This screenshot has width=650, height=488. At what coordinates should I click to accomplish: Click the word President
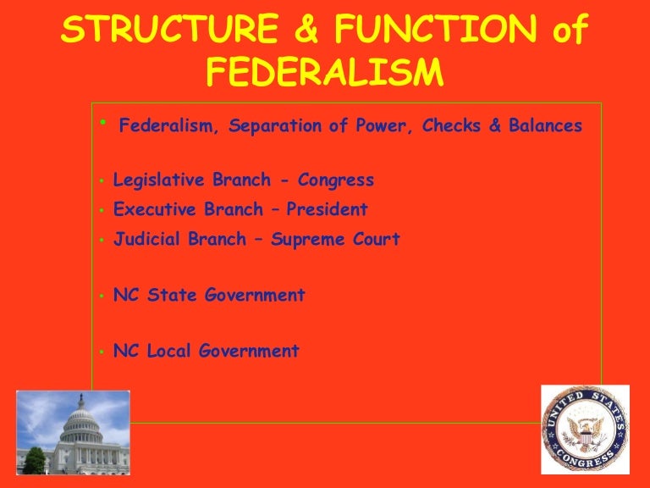tap(328, 209)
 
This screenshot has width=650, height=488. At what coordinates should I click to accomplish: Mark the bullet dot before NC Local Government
tap(101, 352)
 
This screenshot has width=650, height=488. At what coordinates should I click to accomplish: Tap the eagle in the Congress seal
tap(585, 430)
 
